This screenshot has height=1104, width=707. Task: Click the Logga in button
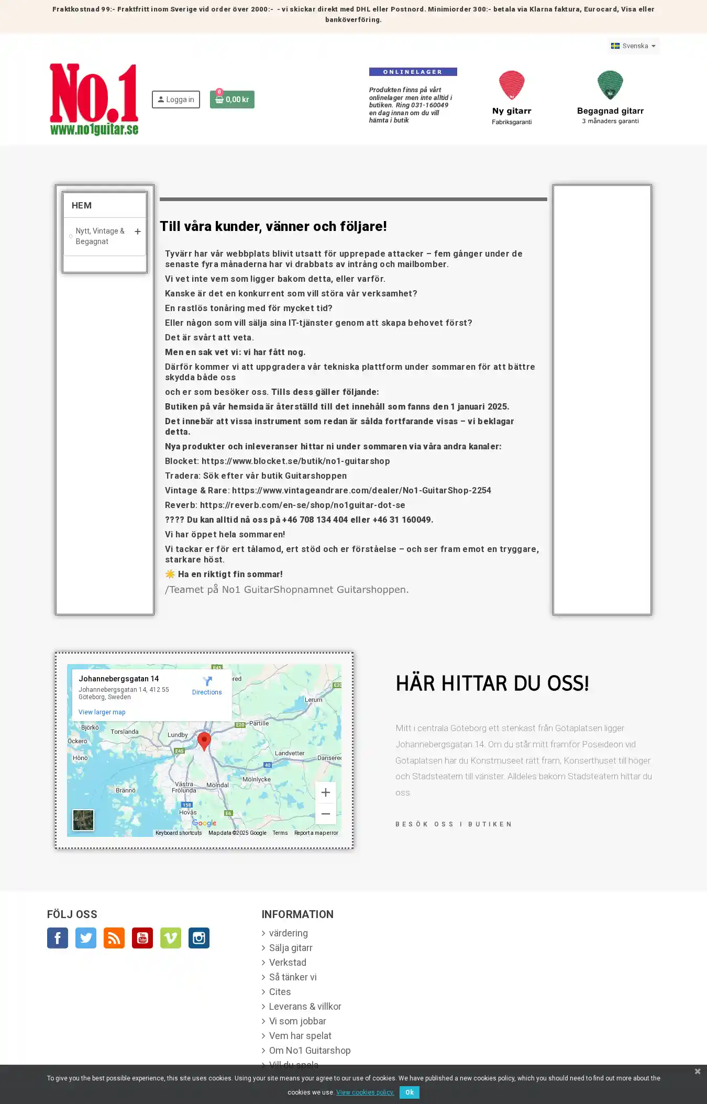tap(176, 100)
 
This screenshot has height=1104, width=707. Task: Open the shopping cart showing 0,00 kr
tap(232, 100)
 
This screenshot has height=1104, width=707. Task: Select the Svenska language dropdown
tap(633, 46)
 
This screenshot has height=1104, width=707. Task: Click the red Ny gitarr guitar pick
tap(512, 85)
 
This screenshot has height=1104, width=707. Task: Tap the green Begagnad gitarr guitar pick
tap(610, 85)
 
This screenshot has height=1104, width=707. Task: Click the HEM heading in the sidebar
tap(82, 205)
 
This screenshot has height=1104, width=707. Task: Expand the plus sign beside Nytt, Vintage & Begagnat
tap(138, 231)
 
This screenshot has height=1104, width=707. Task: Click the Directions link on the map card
tap(207, 686)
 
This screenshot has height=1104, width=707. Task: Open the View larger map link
tap(102, 712)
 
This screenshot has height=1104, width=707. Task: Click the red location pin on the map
tap(204, 741)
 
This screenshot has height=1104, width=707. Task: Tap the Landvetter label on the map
tap(290, 753)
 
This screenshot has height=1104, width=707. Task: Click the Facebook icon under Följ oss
tap(58, 938)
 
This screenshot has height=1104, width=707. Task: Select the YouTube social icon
tap(142, 938)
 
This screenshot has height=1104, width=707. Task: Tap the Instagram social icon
tap(199, 938)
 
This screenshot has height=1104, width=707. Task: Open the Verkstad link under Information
tap(288, 963)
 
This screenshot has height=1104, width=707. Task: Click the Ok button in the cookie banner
tap(409, 1092)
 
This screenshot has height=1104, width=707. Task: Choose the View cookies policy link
tap(365, 1092)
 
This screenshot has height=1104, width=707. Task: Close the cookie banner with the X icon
tap(698, 1072)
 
